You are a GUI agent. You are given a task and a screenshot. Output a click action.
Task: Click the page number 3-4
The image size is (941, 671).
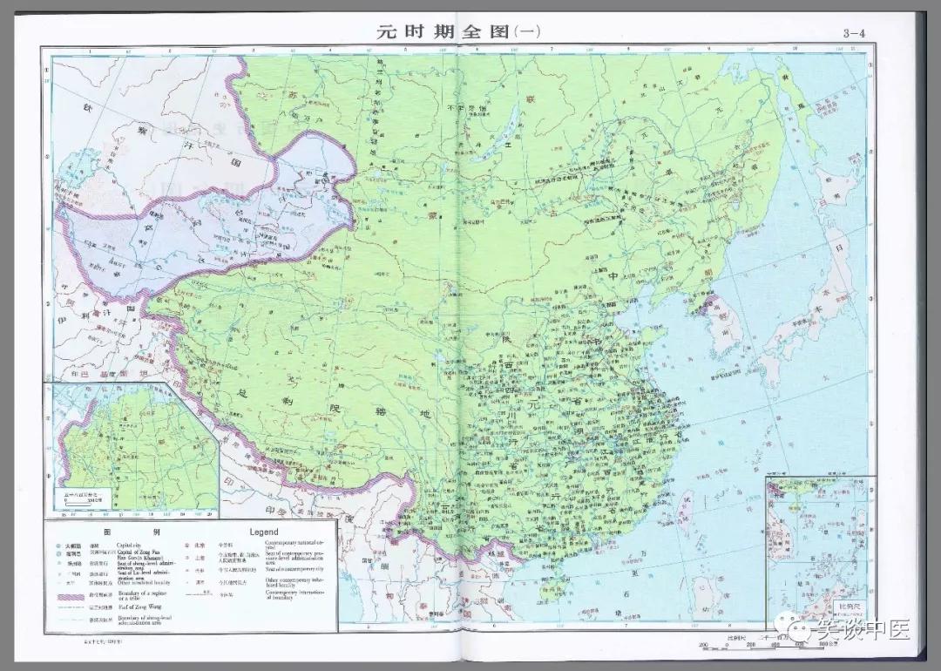pos(856,33)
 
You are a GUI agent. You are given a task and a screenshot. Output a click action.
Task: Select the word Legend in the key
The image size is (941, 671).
pos(263,532)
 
